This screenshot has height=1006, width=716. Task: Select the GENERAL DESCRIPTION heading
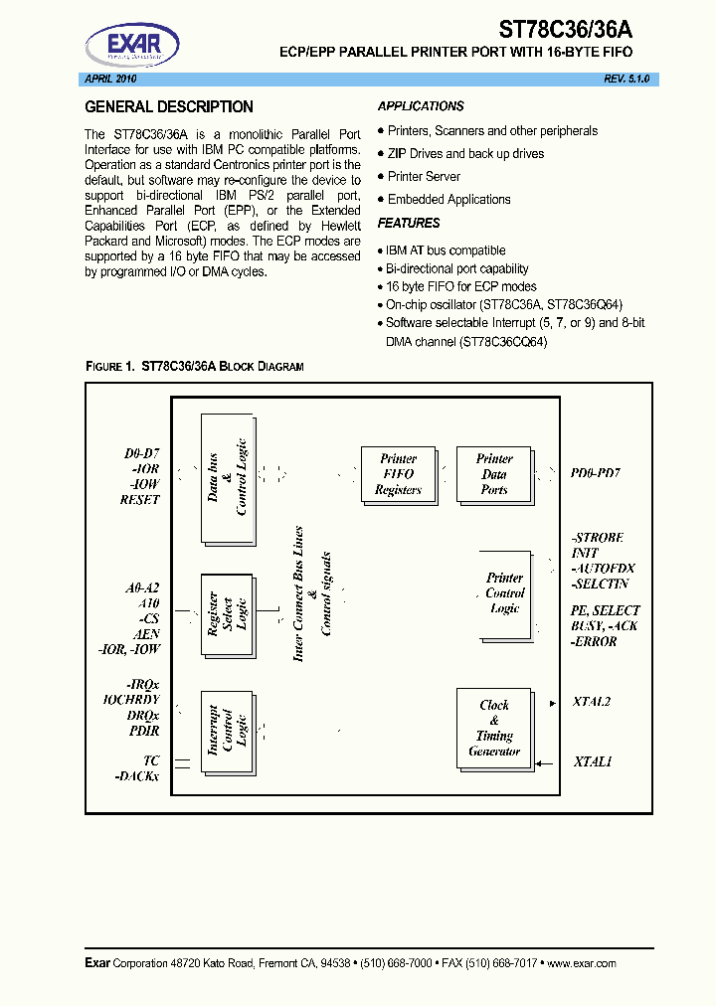[x=169, y=107]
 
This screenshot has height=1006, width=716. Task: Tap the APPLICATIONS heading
[x=421, y=106]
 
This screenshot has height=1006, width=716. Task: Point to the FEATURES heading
[x=409, y=224]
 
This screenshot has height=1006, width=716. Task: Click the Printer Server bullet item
[x=424, y=176]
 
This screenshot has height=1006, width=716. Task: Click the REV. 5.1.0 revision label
[x=626, y=79]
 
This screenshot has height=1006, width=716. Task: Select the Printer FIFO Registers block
[x=398, y=474]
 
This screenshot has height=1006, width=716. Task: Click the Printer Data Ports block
[x=493, y=474]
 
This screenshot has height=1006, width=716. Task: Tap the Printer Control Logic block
[x=504, y=592]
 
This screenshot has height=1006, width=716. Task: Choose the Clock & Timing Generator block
[x=494, y=728]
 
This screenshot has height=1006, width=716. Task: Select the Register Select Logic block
[x=227, y=615]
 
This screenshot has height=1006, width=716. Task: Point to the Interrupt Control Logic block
[x=227, y=732]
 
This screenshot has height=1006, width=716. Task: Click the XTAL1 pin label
[x=593, y=761]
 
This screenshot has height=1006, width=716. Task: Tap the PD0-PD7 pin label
[x=597, y=473]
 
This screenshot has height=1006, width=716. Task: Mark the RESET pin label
[x=139, y=500]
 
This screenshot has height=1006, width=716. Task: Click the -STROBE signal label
[x=598, y=538]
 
